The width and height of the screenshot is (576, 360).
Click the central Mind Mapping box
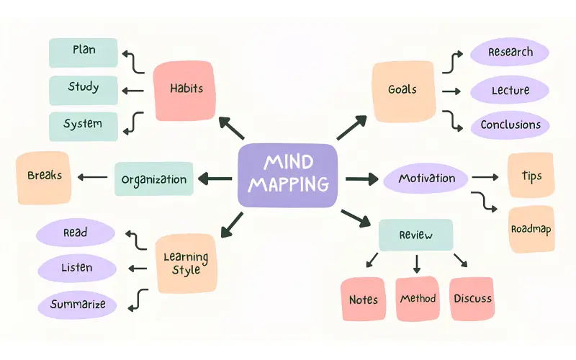(x=287, y=175)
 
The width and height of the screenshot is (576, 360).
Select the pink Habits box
(x=184, y=91)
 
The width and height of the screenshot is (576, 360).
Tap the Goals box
(x=403, y=91)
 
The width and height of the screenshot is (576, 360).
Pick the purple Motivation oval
(x=426, y=179)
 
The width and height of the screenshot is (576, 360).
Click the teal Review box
(x=416, y=235)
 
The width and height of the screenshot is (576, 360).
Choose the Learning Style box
(x=186, y=264)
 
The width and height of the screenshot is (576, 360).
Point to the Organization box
(x=154, y=179)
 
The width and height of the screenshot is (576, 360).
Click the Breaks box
(x=44, y=178)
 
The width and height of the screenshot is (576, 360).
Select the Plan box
(x=84, y=53)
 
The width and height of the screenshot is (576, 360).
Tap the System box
(x=84, y=127)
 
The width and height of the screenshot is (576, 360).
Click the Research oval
(x=510, y=52)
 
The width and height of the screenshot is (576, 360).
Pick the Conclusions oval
(x=510, y=125)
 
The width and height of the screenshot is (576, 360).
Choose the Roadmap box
(x=531, y=230)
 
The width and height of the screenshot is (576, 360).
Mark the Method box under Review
(x=418, y=299)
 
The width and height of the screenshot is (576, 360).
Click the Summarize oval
(x=77, y=305)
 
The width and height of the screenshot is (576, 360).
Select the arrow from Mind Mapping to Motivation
(x=362, y=179)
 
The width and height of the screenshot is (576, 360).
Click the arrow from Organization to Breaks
(x=93, y=177)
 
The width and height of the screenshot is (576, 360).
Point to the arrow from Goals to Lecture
(x=451, y=91)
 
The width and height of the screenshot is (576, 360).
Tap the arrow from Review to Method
(x=417, y=264)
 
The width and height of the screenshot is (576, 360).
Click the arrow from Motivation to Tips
(x=485, y=177)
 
